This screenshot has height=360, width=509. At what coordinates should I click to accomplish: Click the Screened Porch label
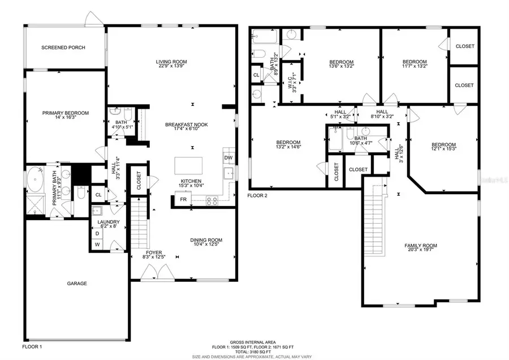pyautogui.click(x=63, y=48)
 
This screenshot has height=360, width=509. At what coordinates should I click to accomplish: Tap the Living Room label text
pyautogui.click(x=171, y=62)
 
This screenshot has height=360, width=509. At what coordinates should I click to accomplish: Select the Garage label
pyautogui.click(x=77, y=284)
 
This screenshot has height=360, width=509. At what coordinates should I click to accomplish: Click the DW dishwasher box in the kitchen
pyautogui.click(x=228, y=157)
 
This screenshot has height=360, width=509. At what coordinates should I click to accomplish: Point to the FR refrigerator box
pyautogui.click(x=183, y=200)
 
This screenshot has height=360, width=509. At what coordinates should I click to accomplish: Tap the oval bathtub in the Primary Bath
pyautogui.click(x=35, y=179)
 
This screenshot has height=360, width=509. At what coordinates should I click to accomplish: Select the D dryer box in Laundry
pyautogui.click(x=97, y=233)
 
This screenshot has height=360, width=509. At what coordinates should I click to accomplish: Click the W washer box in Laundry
pyautogui.click(x=97, y=245)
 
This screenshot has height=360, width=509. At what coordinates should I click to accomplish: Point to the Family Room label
pyautogui.click(x=420, y=245)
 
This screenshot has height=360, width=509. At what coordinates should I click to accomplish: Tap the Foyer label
pyautogui.click(x=154, y=252)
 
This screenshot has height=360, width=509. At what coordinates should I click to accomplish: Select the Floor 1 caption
pyautogui.click(x=32, y=345)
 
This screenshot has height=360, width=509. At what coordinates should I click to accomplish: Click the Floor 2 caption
pyautogui.click(x=257, y=195)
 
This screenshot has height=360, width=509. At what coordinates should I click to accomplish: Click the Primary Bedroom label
pyautogui.click(x=65, y=113)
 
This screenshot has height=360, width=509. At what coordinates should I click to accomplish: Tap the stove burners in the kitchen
pyautogui.click(x=213, y=199)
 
